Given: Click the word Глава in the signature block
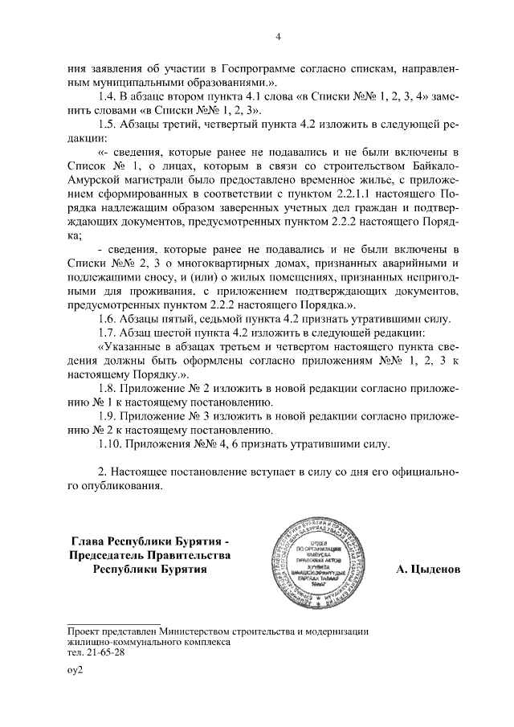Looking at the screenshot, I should [x=91, y=540].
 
